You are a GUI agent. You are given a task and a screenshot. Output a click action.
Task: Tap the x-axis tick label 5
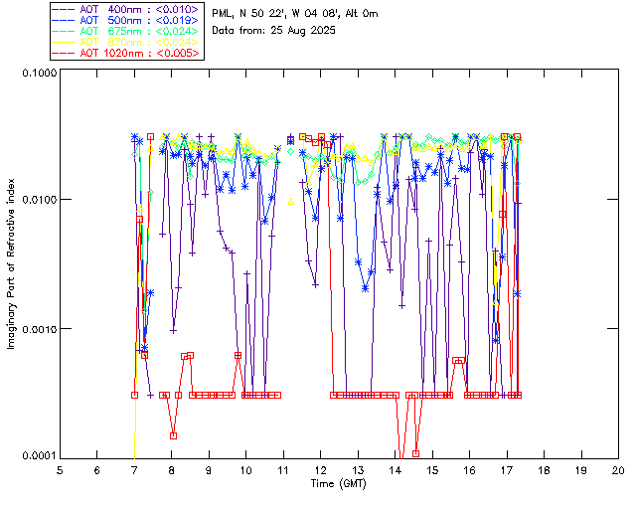pyautogui.click(x=60, y=469)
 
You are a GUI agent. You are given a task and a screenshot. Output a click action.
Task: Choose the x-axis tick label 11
pyautogui.click(x=283, y=469)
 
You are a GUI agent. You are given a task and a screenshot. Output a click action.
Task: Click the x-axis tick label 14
pyautogui.click(x=395, y=469)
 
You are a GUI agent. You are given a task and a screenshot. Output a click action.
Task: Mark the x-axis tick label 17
pyautogui.click(x=507, y=469)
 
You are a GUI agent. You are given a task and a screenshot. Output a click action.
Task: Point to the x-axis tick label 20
pyautogui.click(x=618, y=469)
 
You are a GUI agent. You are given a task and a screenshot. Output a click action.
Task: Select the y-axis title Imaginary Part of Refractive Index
pyautogui.click(x=13, y=264)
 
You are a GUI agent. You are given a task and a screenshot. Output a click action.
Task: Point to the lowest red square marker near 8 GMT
pyautogui.click(x=173, y=435)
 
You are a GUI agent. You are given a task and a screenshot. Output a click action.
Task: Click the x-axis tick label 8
pyautogui.click(x=171, y=469)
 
